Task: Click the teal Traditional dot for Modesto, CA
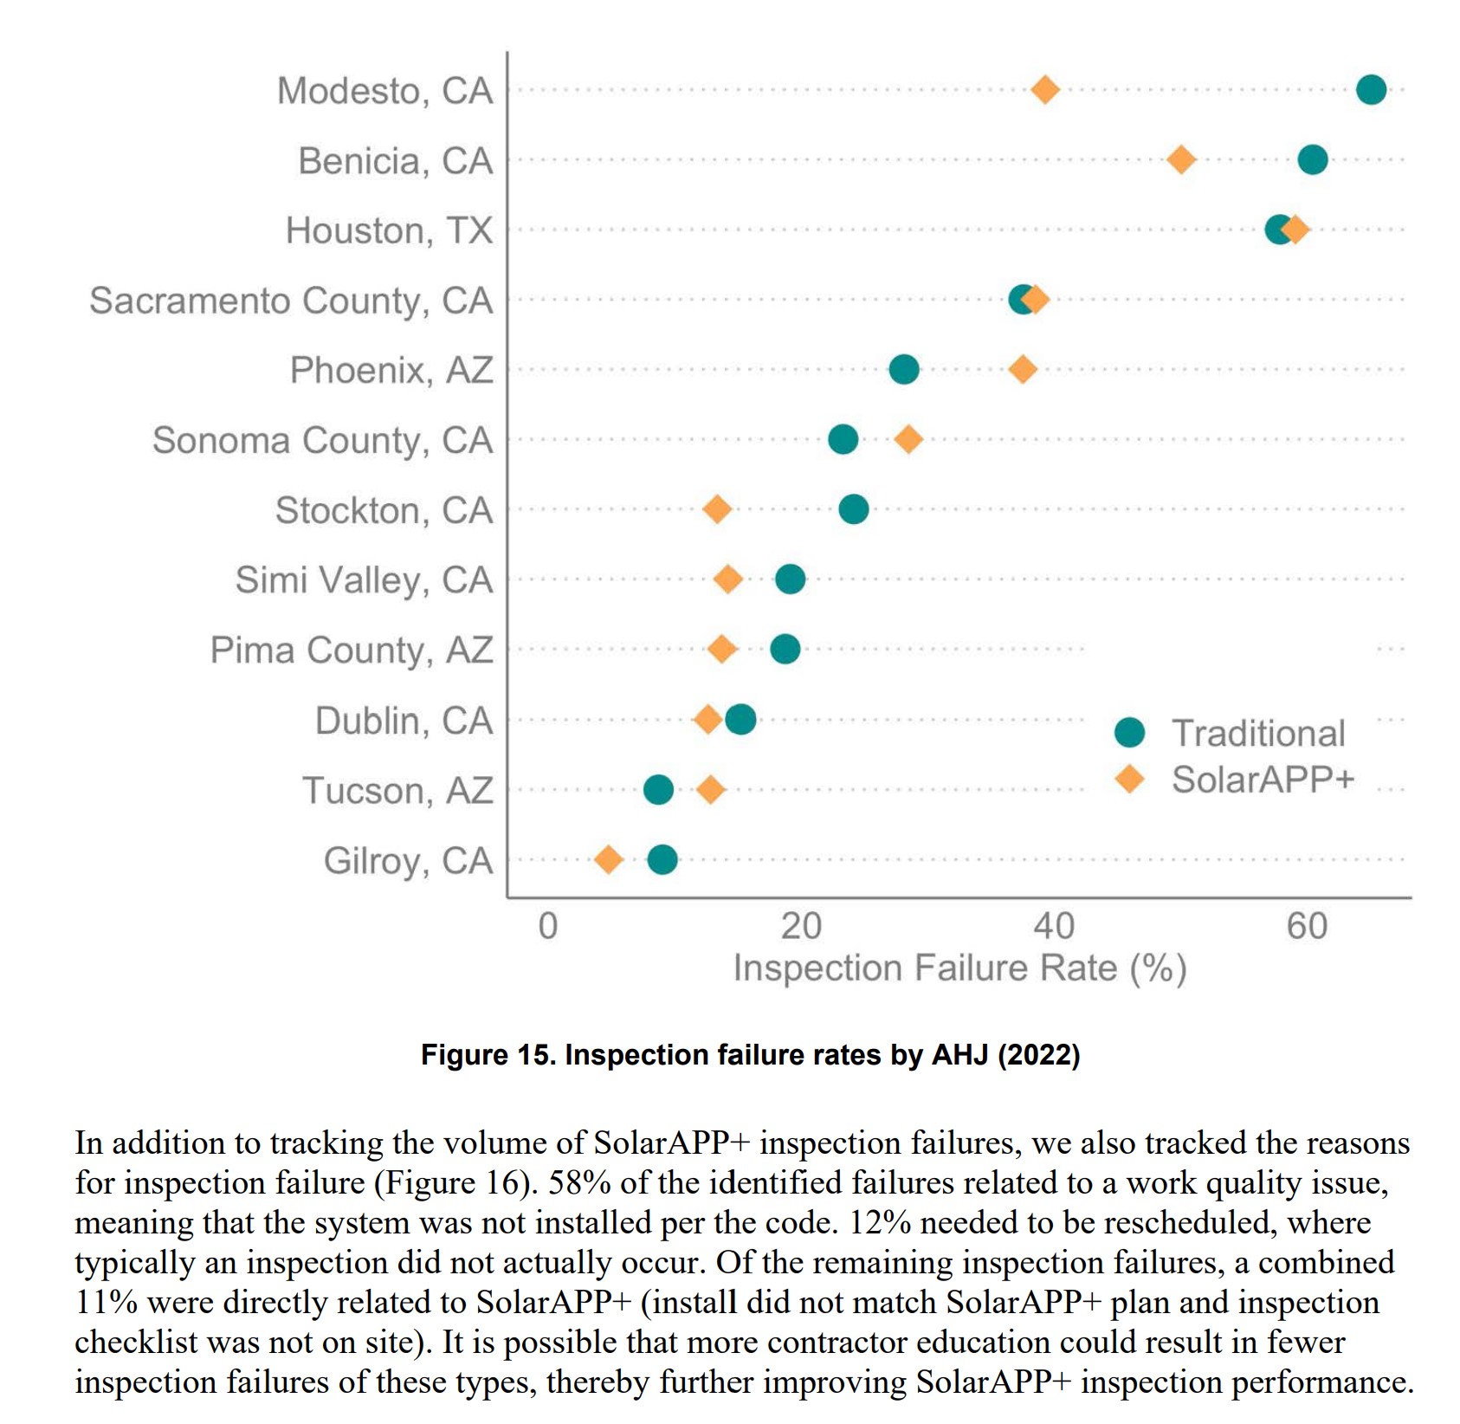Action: pos(1370,89)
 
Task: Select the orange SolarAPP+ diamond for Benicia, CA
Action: pos(1181,160)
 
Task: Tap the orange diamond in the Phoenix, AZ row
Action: pos(1023,370)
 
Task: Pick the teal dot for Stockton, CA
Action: pos(853,509)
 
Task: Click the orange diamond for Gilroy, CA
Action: pos(609,860)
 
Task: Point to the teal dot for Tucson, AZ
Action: pos(658,789)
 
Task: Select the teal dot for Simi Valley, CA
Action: pos(790,579)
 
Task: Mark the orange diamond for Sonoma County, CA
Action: pos(908,439)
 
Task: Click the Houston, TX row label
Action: pos(389,231)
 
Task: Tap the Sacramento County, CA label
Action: pos(291,301)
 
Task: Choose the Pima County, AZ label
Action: pos(351,651)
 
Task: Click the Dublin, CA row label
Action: pos(404,721)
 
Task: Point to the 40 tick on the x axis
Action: pos(1054,927)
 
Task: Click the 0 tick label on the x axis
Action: pos(547,927)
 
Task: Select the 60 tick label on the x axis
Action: pos(1307,927)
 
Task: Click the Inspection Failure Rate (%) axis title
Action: pos(959,968)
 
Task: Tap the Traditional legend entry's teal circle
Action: pos(1129,733)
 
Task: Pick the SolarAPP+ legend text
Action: pos(1263,780)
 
